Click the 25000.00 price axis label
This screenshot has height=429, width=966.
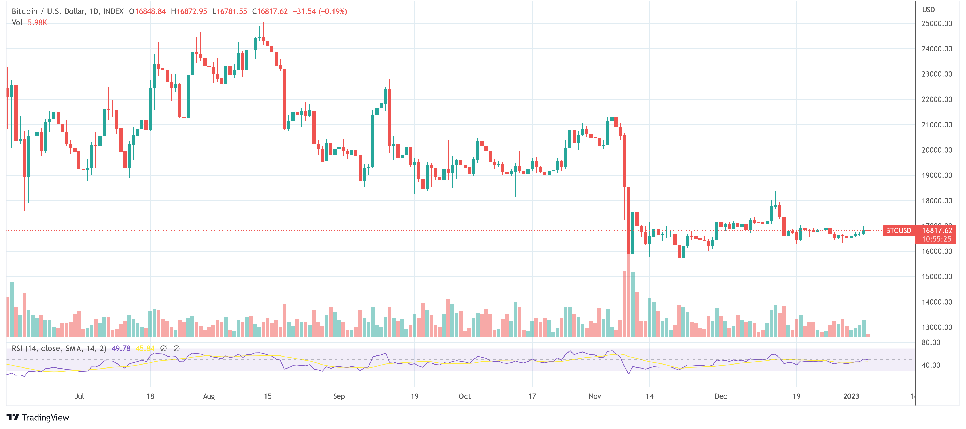click(936, 24)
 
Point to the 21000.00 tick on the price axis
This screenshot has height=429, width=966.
click(936, 125)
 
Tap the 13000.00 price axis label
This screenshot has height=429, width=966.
click(936, 327)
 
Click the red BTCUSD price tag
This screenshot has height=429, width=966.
click(898, 231)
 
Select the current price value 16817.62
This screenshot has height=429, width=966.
click(937, 231)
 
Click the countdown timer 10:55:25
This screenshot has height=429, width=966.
click(937, 239)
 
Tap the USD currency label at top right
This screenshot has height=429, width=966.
click(928, 10)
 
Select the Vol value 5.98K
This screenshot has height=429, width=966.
click(37, 22)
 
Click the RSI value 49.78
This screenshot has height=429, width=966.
click(121, 348)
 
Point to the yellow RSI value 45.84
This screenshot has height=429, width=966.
click(145, 348)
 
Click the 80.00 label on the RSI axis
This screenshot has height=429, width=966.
click(931, 342)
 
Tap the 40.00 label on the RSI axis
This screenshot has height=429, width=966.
click(931, 365)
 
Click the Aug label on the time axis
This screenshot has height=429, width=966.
click(209, 396)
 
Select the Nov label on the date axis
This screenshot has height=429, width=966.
click(595, 396)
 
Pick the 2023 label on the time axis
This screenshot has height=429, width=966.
click(851, 396)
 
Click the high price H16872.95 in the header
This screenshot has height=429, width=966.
click(189, 11)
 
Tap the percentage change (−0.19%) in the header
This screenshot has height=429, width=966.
click(333, 11)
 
